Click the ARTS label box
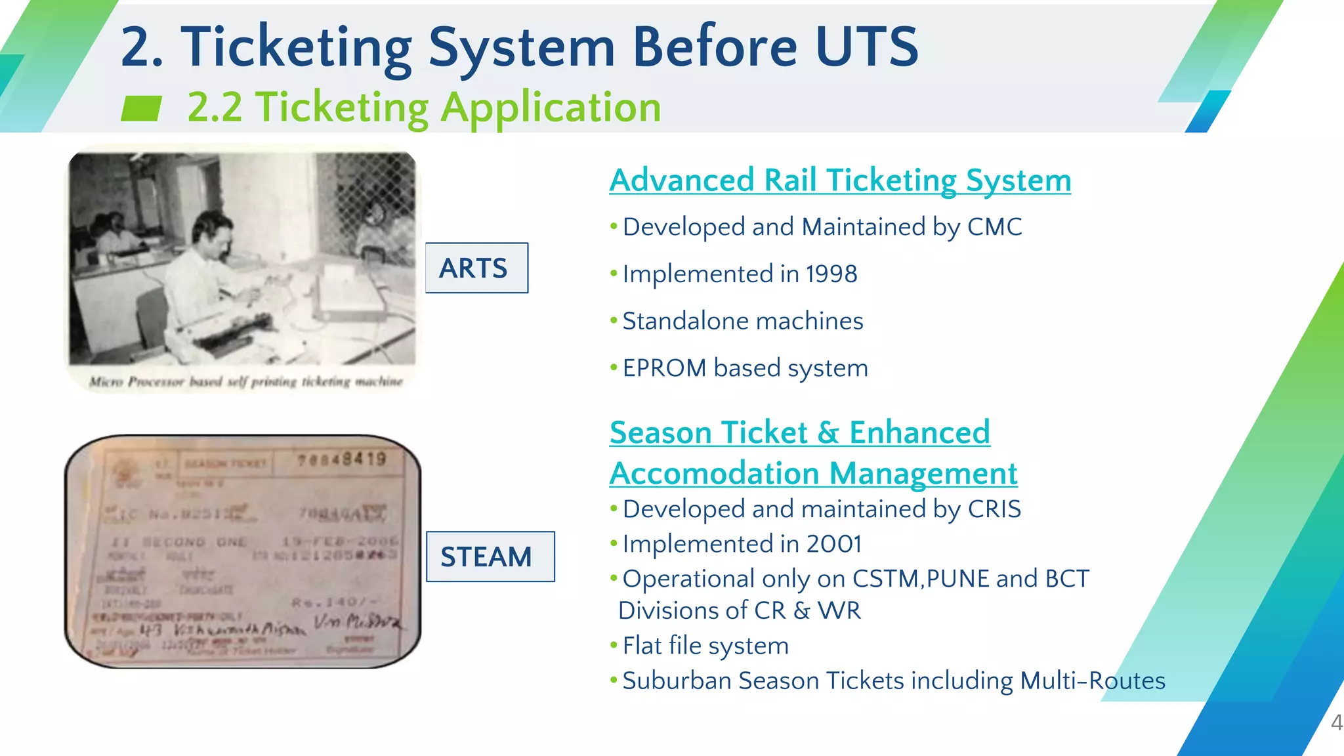(x=476, y=268)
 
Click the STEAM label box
(x=490, y=556)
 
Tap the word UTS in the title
(x=866, y=47)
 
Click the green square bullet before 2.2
(x=141, y=108)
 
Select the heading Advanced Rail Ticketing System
(x=839, y=180)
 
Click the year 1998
(x=831, y=274)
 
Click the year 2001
(x=833, y=544)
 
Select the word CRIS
(x=994, y=509)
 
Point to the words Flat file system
(x=705, y=646)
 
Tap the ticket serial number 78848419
(x=342, y=459)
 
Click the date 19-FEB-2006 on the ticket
(x=339, y=541)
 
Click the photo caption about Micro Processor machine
(x=245, y=382)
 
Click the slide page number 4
(x=1336, y=723)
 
